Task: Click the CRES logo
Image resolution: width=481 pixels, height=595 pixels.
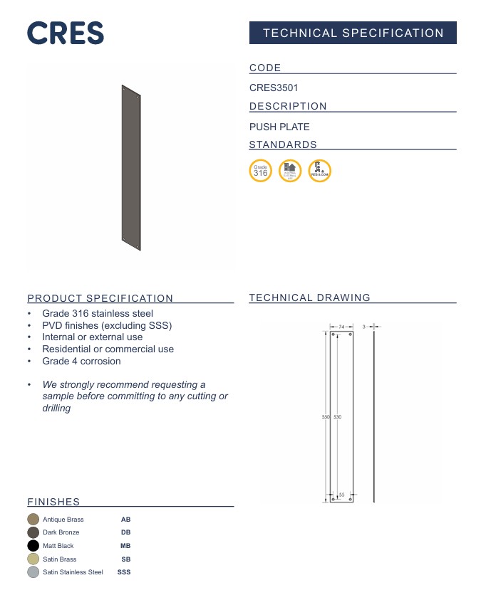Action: tap(66, 33)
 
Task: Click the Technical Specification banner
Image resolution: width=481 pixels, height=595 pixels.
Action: tap(353, 33)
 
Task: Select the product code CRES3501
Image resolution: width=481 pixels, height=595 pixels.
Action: tap(274, 88)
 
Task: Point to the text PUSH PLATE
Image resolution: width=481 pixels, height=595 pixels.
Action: tap(279, 127)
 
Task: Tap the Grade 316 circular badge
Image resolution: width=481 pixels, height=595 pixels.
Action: tap(261, 171)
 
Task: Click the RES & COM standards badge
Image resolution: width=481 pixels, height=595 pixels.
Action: tap(319, 171)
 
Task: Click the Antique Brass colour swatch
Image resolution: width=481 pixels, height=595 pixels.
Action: tap(33, 520)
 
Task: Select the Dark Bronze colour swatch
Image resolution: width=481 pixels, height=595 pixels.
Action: tap(33, 532)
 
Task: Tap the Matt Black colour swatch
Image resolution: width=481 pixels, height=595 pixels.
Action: tap(33, 546)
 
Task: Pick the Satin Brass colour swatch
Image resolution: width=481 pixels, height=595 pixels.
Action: tap(33, 559)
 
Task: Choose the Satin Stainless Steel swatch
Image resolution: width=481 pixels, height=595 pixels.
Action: tap(33, 572)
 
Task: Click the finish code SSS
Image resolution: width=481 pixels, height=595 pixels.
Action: tap(124, 572)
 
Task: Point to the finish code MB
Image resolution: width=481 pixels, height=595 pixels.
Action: tap(125, 546)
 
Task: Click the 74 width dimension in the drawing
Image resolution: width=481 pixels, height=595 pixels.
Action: tap(341, 327)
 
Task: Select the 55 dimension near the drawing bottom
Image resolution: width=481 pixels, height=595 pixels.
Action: tap(341, 495)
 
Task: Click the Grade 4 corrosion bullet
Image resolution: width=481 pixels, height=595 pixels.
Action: tap(81, 361)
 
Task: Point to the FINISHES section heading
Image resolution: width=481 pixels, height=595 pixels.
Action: tap(53, 502)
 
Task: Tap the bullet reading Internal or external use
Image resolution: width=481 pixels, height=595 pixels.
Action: tap(92, 337)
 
